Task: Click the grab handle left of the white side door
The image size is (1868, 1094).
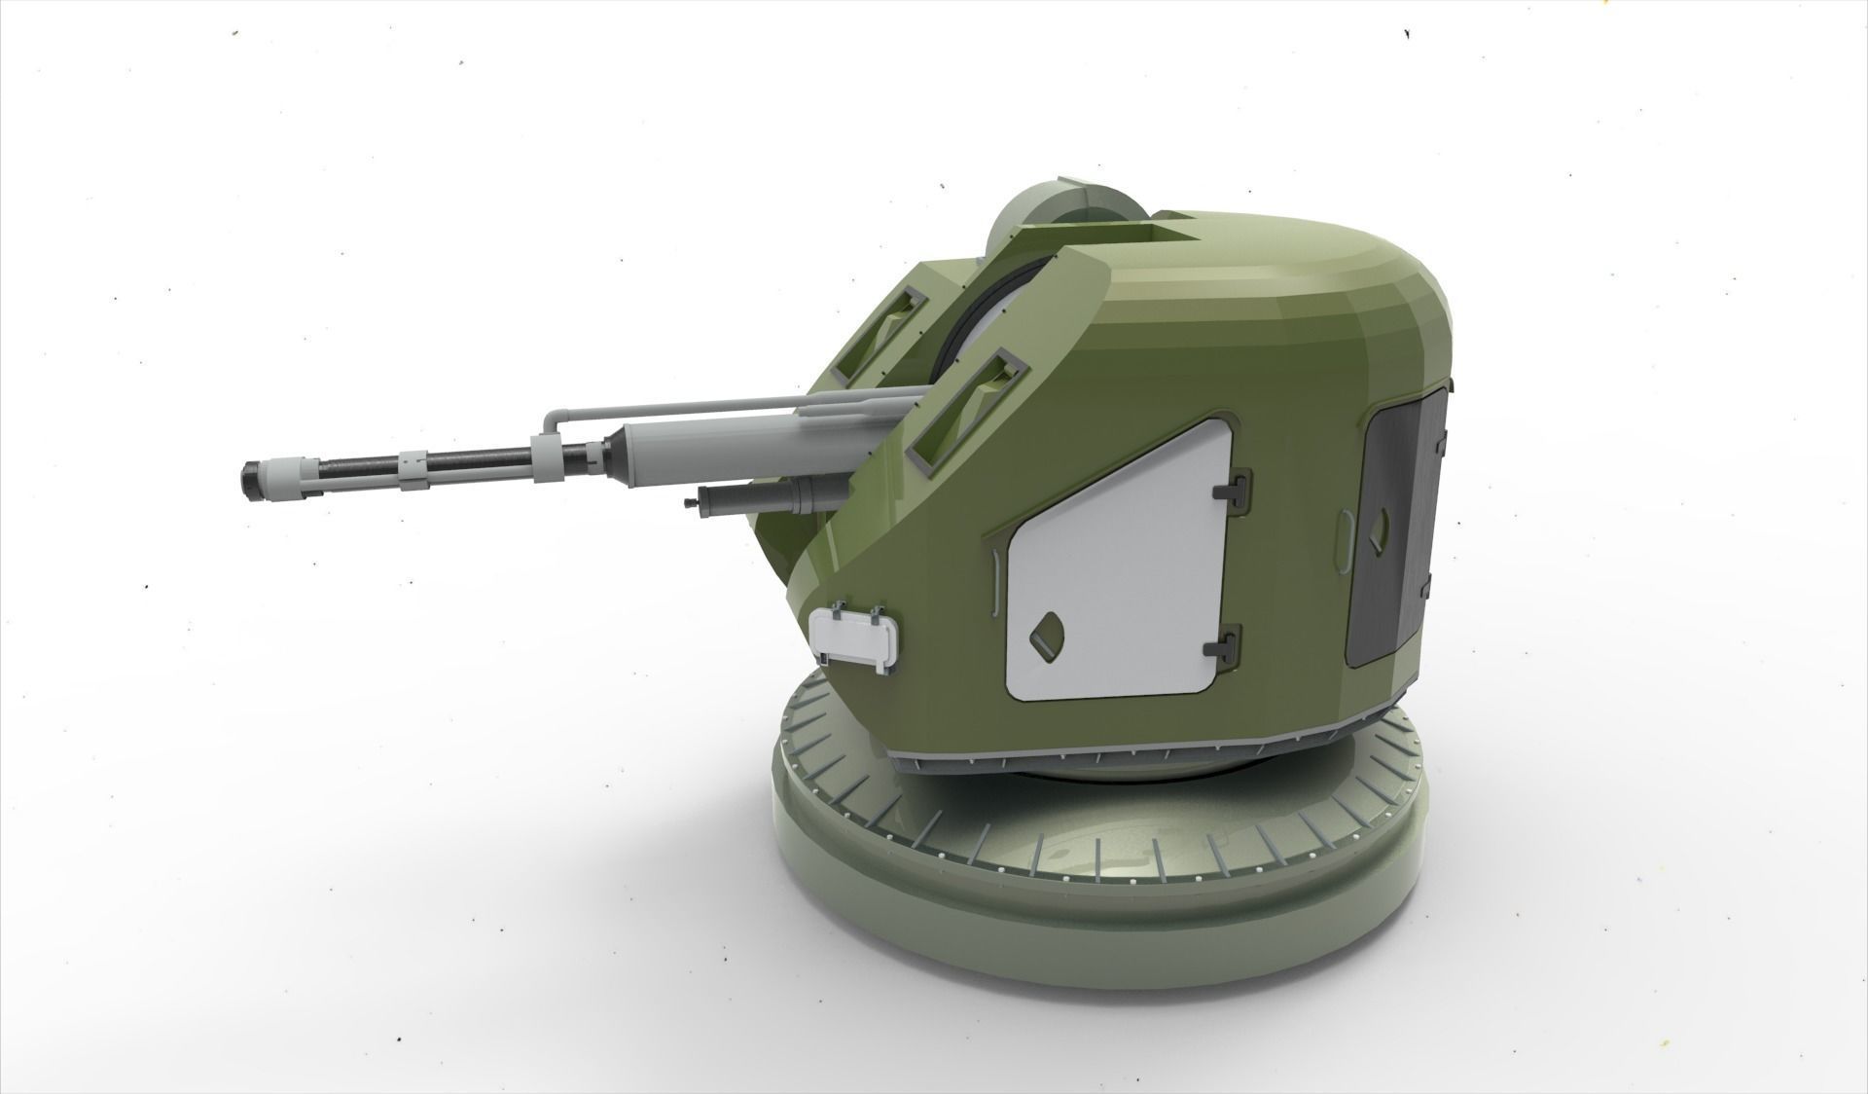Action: (x=995, y=582)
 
